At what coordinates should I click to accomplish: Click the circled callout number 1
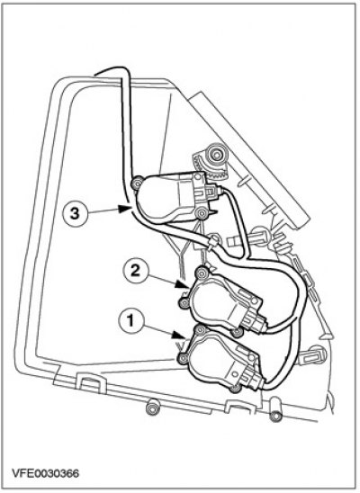pos(130,321)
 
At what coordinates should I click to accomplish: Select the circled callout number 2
pos(135,271)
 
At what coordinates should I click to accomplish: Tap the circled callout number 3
pos(75,214)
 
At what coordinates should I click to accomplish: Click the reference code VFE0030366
pos(45,473)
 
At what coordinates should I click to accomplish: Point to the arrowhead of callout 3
pos(126,209)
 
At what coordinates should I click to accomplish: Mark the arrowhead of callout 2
pos(182,284)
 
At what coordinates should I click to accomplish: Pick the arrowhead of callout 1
pos(178,336)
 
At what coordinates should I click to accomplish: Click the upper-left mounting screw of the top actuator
pos(137,184)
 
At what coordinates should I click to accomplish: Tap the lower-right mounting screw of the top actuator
pos(202,214)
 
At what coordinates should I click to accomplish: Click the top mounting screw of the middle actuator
pos(202,273)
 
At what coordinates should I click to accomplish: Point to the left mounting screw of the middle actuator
pos(184,303)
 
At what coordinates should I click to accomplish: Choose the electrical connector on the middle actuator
pos(256,320)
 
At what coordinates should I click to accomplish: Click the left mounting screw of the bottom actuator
pos(183,359)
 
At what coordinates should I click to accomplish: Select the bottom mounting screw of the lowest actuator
pos(235,389)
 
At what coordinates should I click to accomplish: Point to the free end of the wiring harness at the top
pos(95,75)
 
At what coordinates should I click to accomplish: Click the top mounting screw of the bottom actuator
pos(200,330)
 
